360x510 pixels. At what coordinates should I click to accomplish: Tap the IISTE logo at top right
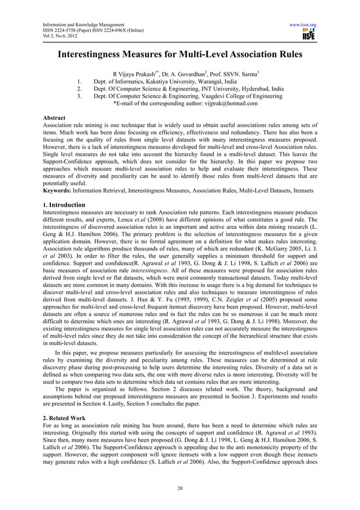[x=308, y=36]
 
